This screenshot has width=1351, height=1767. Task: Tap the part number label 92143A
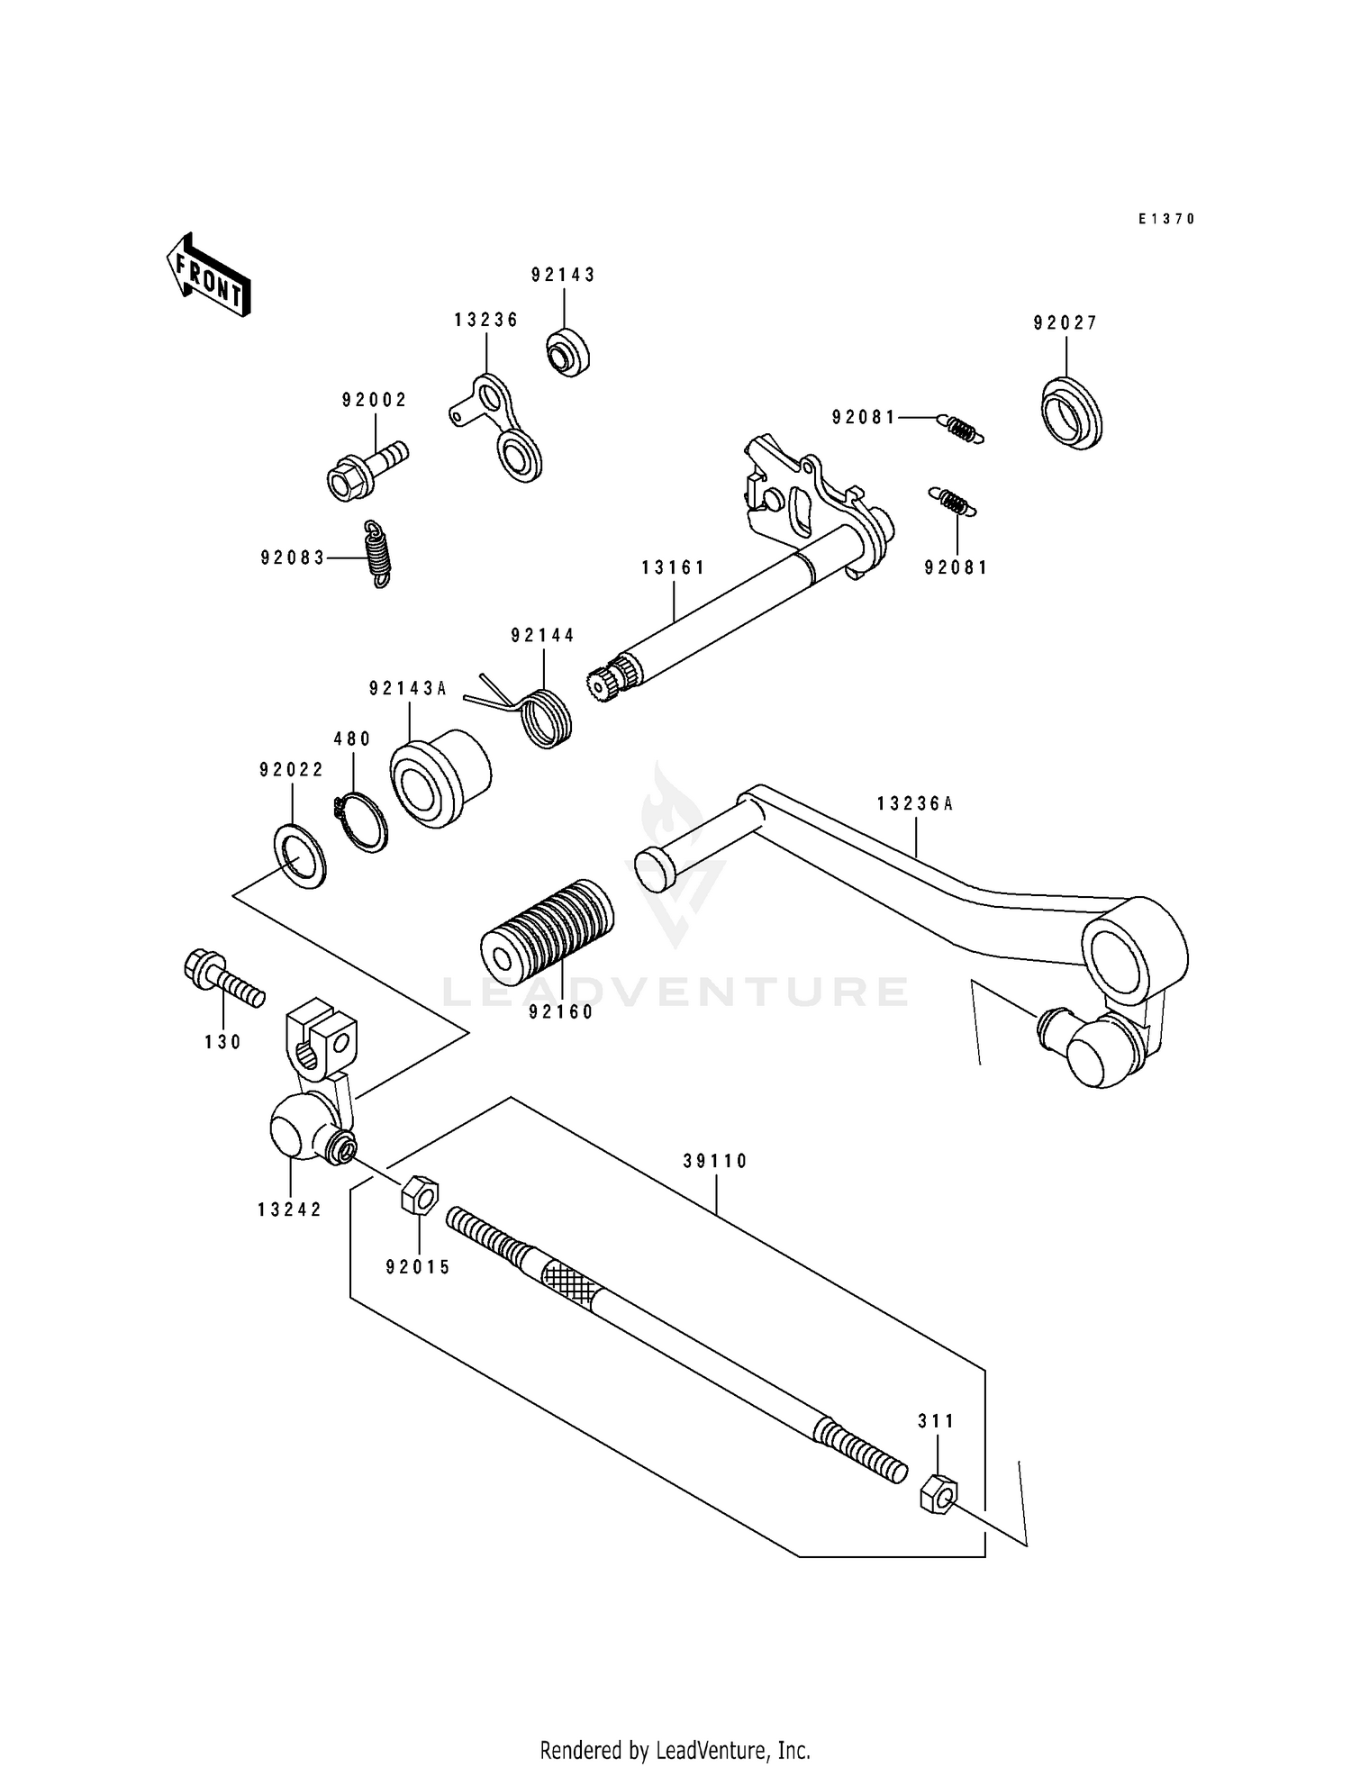tap(407, 689)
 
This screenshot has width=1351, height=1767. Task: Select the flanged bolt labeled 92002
tap(364, 468)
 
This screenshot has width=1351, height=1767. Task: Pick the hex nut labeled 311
tap(938, 1496)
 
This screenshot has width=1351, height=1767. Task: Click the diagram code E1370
tap(1165, 219)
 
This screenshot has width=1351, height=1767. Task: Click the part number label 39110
tap(715, 1162)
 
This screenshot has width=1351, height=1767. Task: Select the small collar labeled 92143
tap(567, 352)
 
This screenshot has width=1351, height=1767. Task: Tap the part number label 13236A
tap(914, 803)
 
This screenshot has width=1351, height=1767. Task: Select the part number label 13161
tap(673, 567)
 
